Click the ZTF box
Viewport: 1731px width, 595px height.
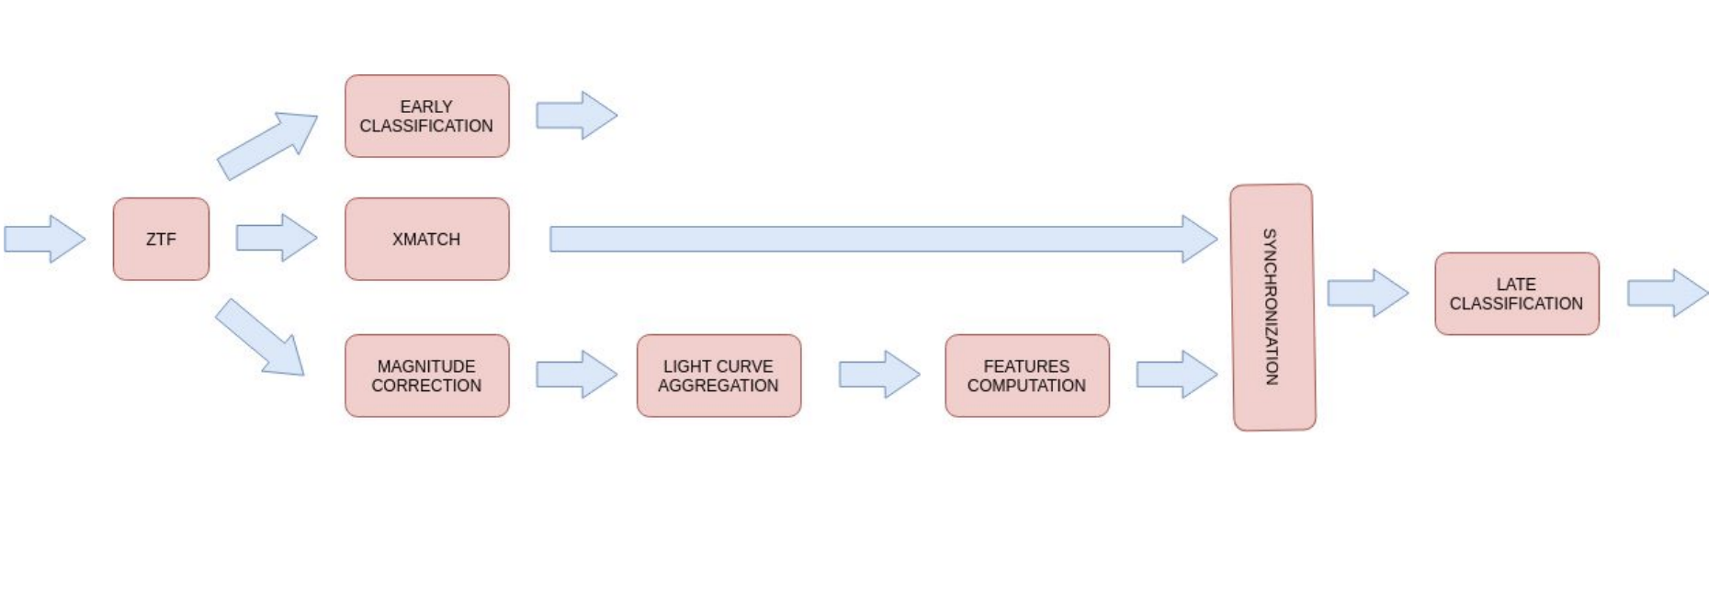161,239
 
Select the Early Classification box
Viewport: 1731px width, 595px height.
426,117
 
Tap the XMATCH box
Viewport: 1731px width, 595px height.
426,239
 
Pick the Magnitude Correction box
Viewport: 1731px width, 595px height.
426,376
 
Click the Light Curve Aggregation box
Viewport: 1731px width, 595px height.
718,376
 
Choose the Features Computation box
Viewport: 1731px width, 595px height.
1026,376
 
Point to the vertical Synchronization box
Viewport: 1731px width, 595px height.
1273,307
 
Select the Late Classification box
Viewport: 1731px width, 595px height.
1516,294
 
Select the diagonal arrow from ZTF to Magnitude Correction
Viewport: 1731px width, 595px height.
260,337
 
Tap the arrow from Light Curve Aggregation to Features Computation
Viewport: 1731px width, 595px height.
878,375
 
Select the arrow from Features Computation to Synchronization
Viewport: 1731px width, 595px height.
1176,375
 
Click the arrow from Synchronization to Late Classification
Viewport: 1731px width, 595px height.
1367,294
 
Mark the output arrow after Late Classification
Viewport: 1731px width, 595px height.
1667,294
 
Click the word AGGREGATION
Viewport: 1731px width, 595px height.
718,386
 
